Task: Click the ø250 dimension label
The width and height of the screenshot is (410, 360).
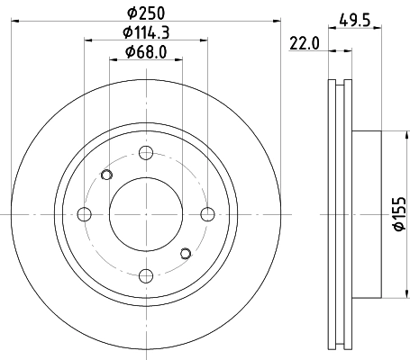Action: coord(145,14)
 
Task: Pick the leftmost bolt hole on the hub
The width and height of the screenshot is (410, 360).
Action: coord(85,214)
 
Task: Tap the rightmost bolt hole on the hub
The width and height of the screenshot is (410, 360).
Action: coord(207,214)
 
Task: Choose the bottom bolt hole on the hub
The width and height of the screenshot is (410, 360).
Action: coord(146,275)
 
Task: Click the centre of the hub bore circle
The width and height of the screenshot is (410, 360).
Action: coord(146,214)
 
